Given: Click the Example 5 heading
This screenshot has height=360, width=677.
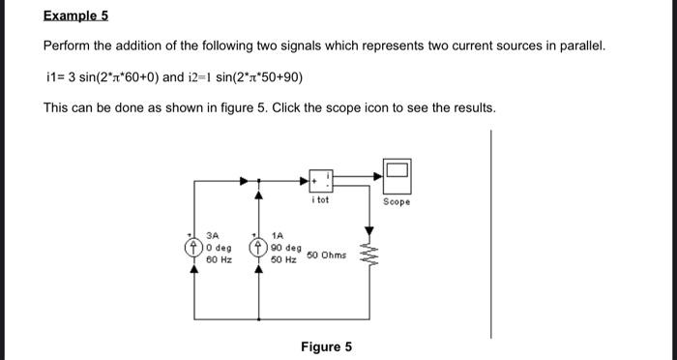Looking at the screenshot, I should pyautogui.click(x=76, y=16).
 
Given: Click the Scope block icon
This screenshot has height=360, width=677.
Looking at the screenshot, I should pyautogui.click(x=397, y=176).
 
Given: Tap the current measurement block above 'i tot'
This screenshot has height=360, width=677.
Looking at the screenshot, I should pyautogui.click(x=322, y=180).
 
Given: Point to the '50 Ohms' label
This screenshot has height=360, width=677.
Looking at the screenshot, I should pyautogui.click(x=326, y=255).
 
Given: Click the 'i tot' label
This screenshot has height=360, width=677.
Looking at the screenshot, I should pyautogui.click(x=321, y=200).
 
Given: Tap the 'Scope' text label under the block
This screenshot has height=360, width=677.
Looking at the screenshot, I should pyautogui.click(x=397, y=202).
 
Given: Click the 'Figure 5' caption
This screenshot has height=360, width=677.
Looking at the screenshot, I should pyautogui.click(x=326, y=346).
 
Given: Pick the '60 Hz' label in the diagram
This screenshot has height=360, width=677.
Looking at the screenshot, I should pyautogui.click(x=217, y=259).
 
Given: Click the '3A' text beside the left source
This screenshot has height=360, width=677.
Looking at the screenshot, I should pyautogui.click(x=212, y=235).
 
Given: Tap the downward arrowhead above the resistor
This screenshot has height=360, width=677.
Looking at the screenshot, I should pyautogui.click(x=368, y=232).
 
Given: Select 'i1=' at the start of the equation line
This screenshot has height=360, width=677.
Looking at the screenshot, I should pyautogui.click(x=54, y=76).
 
